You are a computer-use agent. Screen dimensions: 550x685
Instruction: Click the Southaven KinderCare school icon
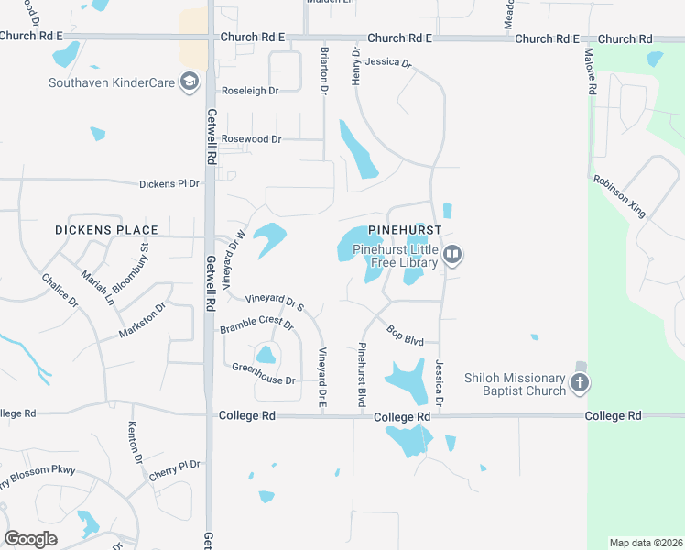(190, 83)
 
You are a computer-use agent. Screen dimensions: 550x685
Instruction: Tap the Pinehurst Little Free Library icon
(451, 254)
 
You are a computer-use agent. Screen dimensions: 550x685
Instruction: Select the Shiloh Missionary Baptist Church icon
(579, 382)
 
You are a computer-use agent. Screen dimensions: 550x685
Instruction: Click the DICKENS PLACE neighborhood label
(106, 230)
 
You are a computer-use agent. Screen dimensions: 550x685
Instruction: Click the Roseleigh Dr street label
(249, 91)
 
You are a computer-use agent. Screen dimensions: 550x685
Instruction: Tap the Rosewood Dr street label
(251, 139)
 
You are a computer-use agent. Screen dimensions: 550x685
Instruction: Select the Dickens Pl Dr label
(169, 184)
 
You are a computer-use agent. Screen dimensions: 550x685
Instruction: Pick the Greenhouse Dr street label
(264, 380)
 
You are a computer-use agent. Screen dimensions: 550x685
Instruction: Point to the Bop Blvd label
(405, 335)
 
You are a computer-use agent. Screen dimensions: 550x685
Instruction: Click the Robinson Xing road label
(619, 196)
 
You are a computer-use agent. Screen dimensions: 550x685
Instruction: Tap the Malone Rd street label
(591, 71)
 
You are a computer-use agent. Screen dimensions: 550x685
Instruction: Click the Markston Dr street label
(143, 319)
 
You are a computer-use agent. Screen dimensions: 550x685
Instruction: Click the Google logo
(31, 538)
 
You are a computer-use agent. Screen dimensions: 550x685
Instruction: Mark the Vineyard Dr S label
(274, 303)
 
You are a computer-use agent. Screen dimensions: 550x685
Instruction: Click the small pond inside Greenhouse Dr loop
(266, 354)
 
